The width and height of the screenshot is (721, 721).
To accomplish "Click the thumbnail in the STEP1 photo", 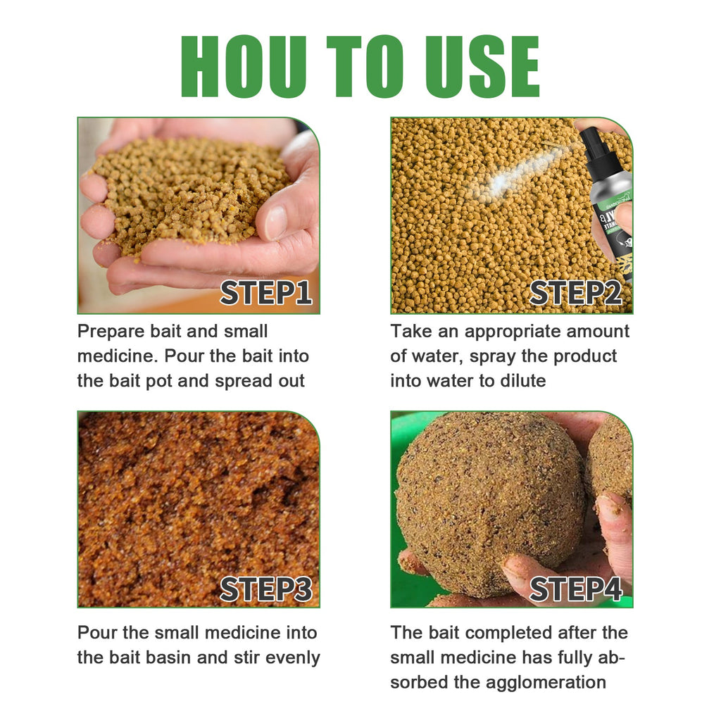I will [276, 221].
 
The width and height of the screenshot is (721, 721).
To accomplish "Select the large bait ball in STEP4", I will [489, 503].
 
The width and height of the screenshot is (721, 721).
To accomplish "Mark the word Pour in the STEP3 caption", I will [96, 632].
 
